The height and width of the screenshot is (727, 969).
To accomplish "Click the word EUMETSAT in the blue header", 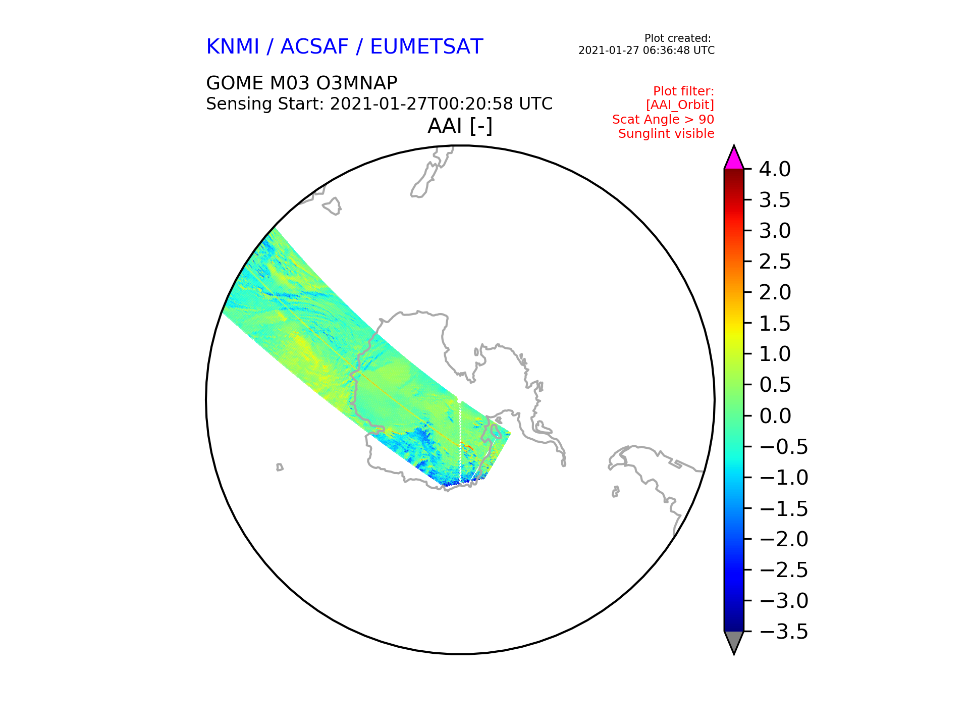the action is pyautogui.click(x=426, y=47).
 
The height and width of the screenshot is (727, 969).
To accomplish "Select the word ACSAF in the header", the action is pyautogui.click(x=314, y=47).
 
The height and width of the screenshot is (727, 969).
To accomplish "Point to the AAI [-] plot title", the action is pyautogui.click(x=460, y=126).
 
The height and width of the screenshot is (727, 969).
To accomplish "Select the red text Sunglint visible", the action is pyautogui.click(x=666, y=134).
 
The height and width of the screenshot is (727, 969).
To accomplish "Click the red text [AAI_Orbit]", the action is pyautogui.click(x=680, y=105).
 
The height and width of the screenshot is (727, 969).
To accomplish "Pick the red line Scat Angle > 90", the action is pyautogui.click(x=663, y=120).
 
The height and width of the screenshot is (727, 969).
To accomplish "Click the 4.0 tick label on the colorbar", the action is pyautogui.click(x=775, y=169).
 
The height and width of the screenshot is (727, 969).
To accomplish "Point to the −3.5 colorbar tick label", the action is pyautogui.click(x=784, y=632).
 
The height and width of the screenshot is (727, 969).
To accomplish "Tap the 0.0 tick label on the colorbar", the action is pyautogui.click(x=775, y=416).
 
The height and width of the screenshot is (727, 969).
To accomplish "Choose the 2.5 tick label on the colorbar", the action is pyautogui.click(x=775, y=262).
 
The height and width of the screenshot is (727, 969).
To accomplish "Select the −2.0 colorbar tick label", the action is pyautogui.click(x=784, y=539).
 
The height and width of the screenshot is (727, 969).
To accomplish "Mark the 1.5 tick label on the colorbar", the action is pyautogui.click(x=775, y=324).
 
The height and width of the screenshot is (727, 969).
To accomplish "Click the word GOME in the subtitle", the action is pyautogui.click(x=235, y=83).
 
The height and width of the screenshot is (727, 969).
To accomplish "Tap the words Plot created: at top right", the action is pyautogui.click(x=678, y=38).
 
